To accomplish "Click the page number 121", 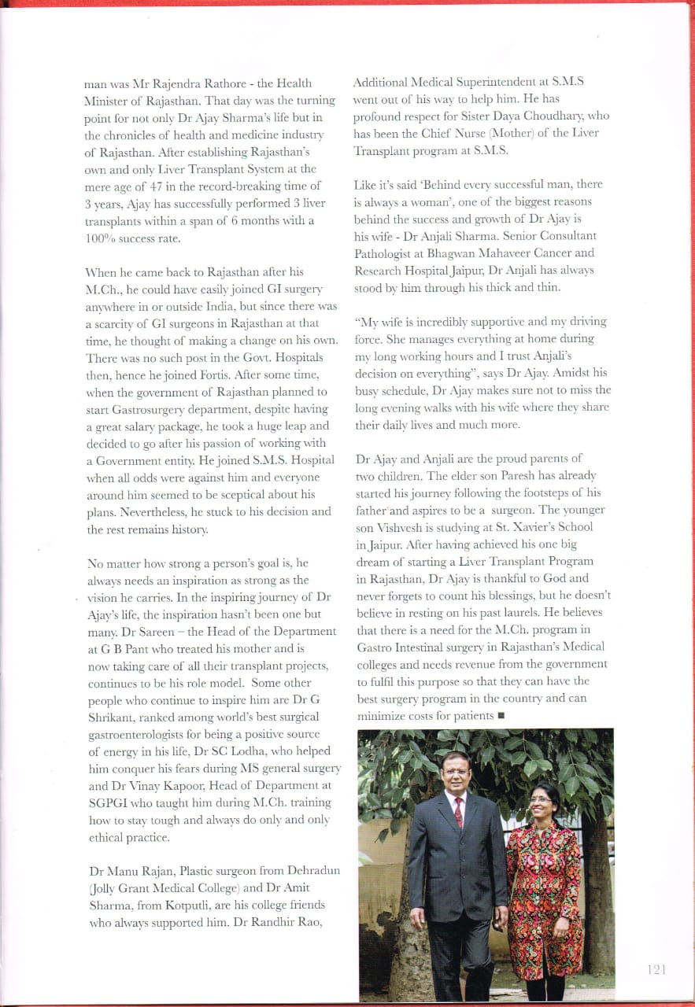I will click(656, 970).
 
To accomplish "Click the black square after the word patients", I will click(501, 716).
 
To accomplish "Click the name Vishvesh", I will click(401, 527).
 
